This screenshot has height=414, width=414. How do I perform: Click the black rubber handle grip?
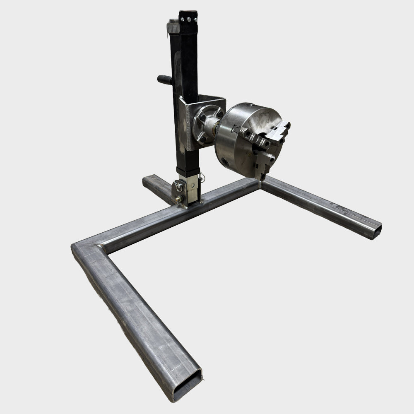point(165,79)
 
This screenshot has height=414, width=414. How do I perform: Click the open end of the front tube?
point(187,385)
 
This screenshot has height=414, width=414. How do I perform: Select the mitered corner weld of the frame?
point(89,248)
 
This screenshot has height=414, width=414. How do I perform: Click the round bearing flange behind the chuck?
point(206,124)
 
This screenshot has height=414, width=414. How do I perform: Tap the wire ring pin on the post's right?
point(202,178)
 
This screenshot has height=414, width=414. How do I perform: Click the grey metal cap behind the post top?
point(172,26)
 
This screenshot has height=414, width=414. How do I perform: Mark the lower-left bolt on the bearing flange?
point(198,137)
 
